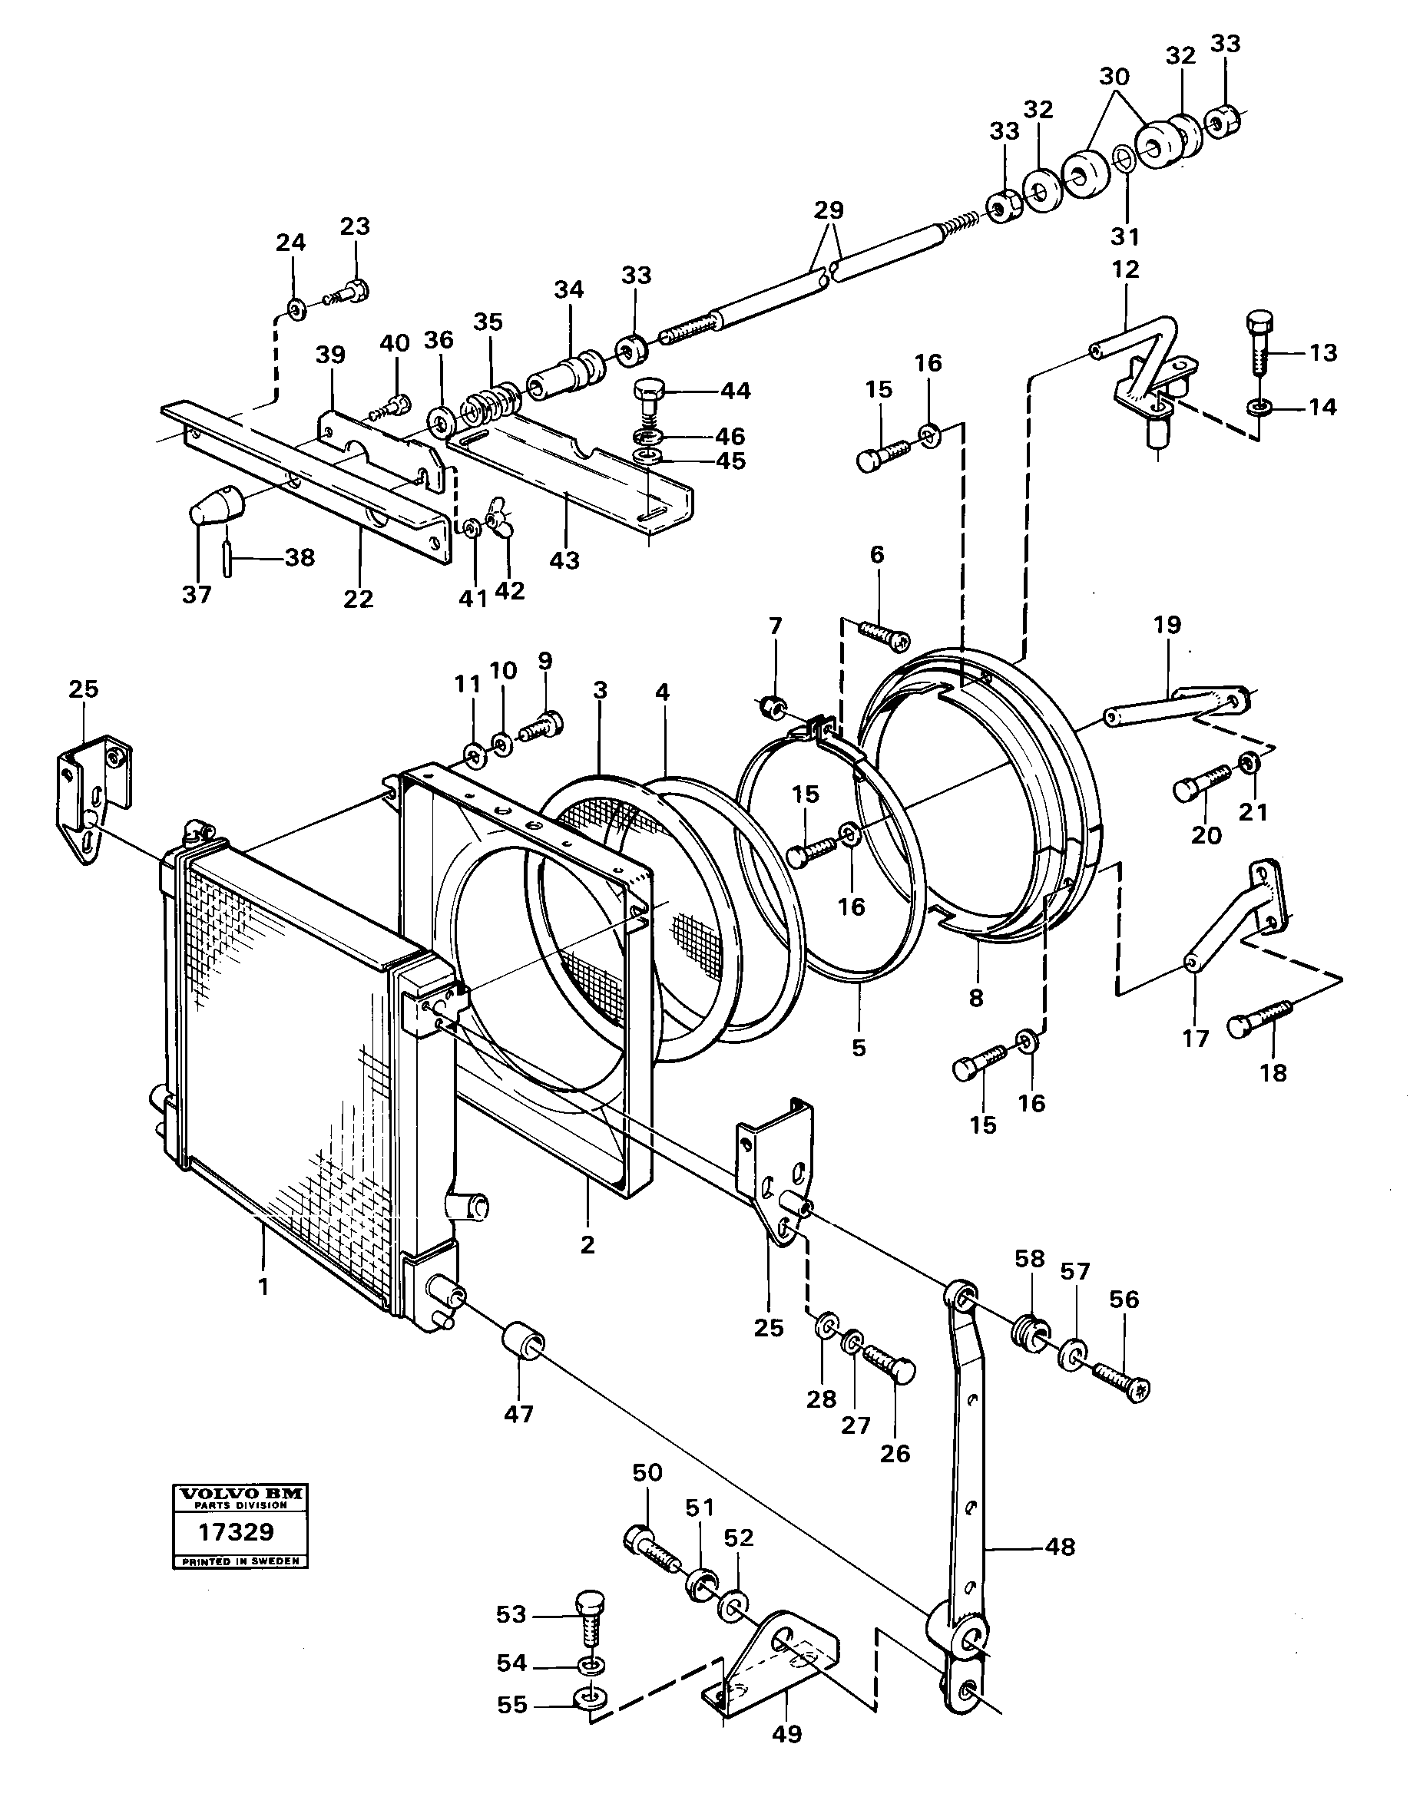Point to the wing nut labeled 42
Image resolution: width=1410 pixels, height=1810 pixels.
click(500, 517)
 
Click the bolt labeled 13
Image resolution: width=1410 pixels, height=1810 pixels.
click(1257, 345)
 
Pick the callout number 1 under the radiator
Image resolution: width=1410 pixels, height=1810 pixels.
click(263, 1286)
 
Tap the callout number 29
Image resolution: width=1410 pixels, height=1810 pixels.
click(828, 210)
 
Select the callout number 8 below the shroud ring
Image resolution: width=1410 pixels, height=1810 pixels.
click(975, 998)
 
